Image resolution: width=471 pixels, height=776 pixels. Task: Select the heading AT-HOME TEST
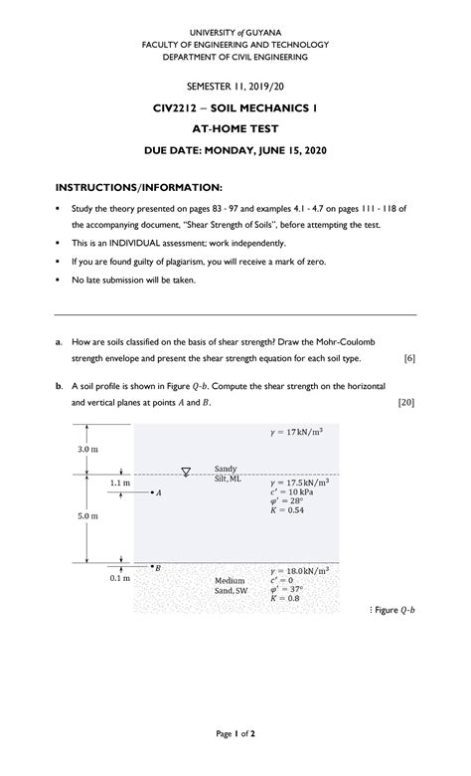[235, 128]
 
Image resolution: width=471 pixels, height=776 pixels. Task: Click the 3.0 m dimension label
[87, 450]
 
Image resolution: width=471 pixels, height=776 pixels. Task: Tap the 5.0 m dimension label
[87, 516]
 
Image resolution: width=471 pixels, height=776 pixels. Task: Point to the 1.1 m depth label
[119, 484]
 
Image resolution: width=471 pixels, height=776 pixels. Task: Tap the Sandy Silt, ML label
[228, 473]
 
